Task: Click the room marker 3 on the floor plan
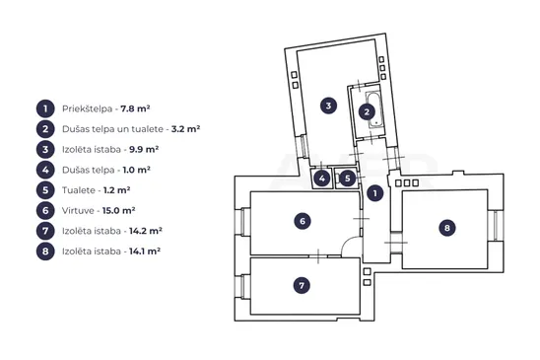coord(328,106)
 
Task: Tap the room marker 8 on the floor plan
coord(447,228)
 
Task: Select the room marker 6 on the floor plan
coord(303,221)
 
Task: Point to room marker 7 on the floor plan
coord(302,285)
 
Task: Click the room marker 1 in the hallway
coord(375,193)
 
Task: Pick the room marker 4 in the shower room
coord(321,179)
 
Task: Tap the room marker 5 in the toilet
coord(348,179)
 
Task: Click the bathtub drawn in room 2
coord(373,109)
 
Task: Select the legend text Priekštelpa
coord(87,108)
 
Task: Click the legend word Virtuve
coord(78,211)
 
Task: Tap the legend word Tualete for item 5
coord(79,190)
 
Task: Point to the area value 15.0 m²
coord(119,210)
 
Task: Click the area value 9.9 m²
coord(144,149)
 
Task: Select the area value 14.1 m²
coord(145,252)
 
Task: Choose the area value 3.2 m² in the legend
coord(185,129)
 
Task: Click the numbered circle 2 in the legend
coord(45,129)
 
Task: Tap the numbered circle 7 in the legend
coord(45,231)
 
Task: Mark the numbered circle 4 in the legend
coord(45,170)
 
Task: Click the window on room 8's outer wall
coord(496,226)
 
